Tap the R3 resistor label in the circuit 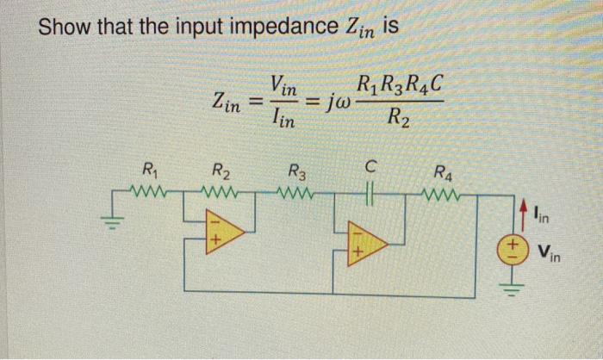click(296, 171)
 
